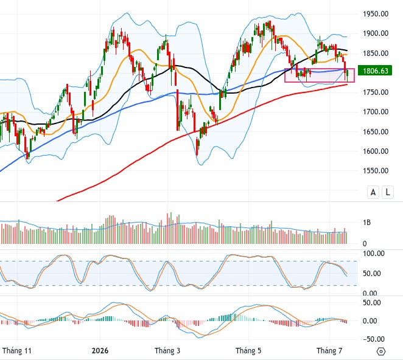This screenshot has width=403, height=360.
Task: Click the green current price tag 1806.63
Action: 375,71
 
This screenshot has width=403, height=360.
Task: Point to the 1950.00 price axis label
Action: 376,14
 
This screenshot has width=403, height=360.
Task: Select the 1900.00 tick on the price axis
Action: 376,33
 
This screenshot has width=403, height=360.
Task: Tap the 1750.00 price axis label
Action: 376,92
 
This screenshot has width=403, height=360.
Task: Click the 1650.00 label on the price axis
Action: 376,132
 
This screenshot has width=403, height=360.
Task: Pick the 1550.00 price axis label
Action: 376,171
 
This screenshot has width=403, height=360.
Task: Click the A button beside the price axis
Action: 373,192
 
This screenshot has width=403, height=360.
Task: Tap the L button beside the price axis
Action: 388,192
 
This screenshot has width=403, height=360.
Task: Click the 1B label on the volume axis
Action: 366,223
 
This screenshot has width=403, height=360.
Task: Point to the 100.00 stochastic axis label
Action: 374,254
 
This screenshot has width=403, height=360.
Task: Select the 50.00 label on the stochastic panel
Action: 371,274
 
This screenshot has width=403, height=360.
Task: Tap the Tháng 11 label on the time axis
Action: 16,351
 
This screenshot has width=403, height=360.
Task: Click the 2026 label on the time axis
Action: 100,351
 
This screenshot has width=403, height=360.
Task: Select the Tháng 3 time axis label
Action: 167,351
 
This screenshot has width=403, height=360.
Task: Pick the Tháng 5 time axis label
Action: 248,351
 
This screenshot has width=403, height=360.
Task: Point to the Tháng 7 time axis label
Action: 329,351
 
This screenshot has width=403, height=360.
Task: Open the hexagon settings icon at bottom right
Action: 381,351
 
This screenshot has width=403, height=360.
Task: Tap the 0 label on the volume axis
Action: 365,244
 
